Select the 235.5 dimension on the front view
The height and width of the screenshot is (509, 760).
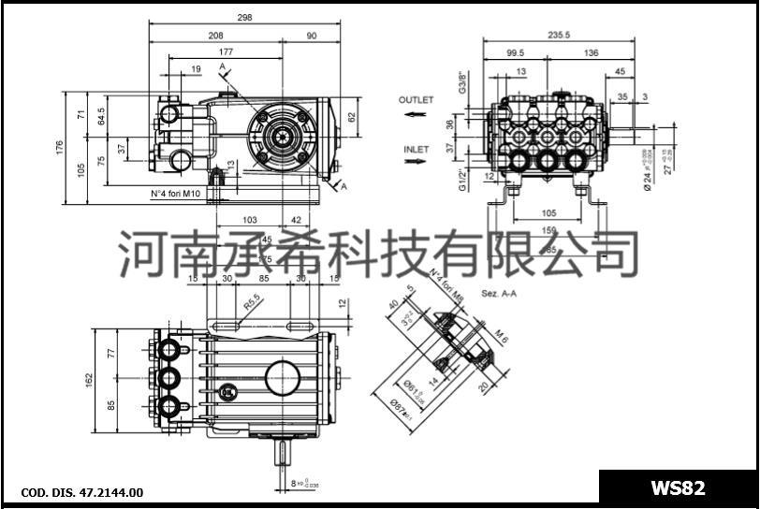click(560, 35)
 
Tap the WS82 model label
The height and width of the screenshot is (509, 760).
click(679, 487)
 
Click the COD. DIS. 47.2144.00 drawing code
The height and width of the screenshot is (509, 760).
click(81, 492)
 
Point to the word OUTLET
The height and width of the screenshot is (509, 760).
click(417, 99)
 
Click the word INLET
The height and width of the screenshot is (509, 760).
click(417, 149)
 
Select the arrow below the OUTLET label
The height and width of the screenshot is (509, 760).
click(415, 113)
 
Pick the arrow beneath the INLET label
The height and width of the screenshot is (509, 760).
click(415, 162)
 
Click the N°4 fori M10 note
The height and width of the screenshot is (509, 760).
click(176, 194)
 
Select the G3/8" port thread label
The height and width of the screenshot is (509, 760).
click(462, 82)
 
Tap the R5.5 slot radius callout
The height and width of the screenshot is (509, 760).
click(252, 305)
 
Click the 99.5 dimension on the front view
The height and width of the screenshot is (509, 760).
click(515, 53)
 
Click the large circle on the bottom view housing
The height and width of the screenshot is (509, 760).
click(285, 378)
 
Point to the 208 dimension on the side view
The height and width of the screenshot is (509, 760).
click(215, 35)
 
